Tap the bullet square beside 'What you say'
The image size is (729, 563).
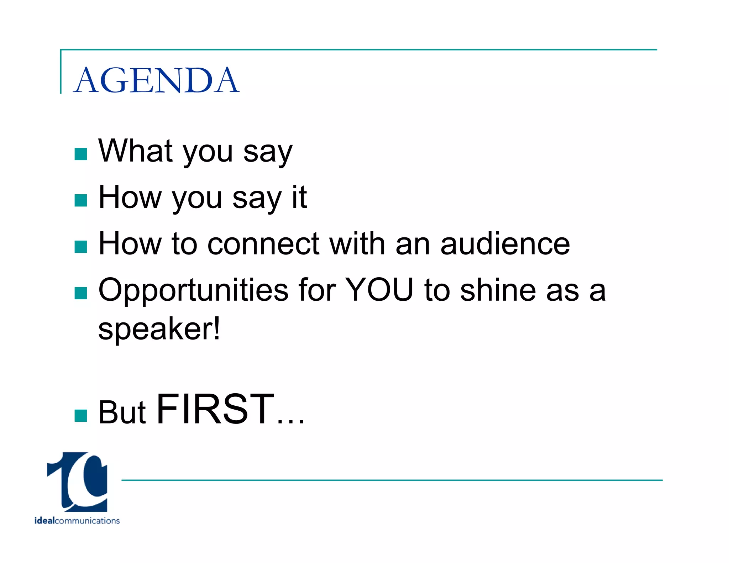[81, 154]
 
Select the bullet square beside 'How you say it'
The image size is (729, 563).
[81, 200]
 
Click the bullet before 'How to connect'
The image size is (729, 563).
[81, 247]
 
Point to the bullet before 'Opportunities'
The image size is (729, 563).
[81, 293]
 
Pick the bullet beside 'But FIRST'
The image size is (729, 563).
[81, 415]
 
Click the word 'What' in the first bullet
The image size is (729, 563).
[136, 151]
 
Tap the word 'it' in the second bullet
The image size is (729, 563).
[299, 197]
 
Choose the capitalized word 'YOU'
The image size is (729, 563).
[379, 290]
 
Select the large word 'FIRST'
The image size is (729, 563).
[215, 409]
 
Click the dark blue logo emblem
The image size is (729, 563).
[78, 482]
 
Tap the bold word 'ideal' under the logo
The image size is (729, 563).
[44, 521]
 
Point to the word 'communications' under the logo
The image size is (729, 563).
[87, 521]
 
